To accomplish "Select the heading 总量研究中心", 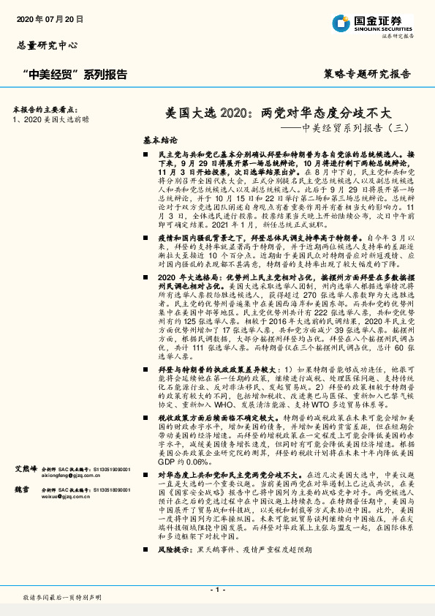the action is click(47, 45).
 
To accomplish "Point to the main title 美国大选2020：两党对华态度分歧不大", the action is click(279, 113).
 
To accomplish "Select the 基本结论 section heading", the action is click(159, 139).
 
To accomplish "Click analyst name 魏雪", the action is click(20, 508).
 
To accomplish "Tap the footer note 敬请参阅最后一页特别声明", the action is click(61, 598).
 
